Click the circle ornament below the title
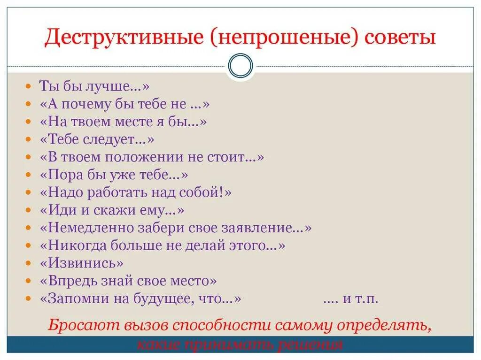tap(240, 65)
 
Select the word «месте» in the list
tap(139, 122)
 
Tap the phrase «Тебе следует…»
tap(97, 139)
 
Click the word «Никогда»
tap(73, 245)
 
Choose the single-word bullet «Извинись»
tap(82, 263)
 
